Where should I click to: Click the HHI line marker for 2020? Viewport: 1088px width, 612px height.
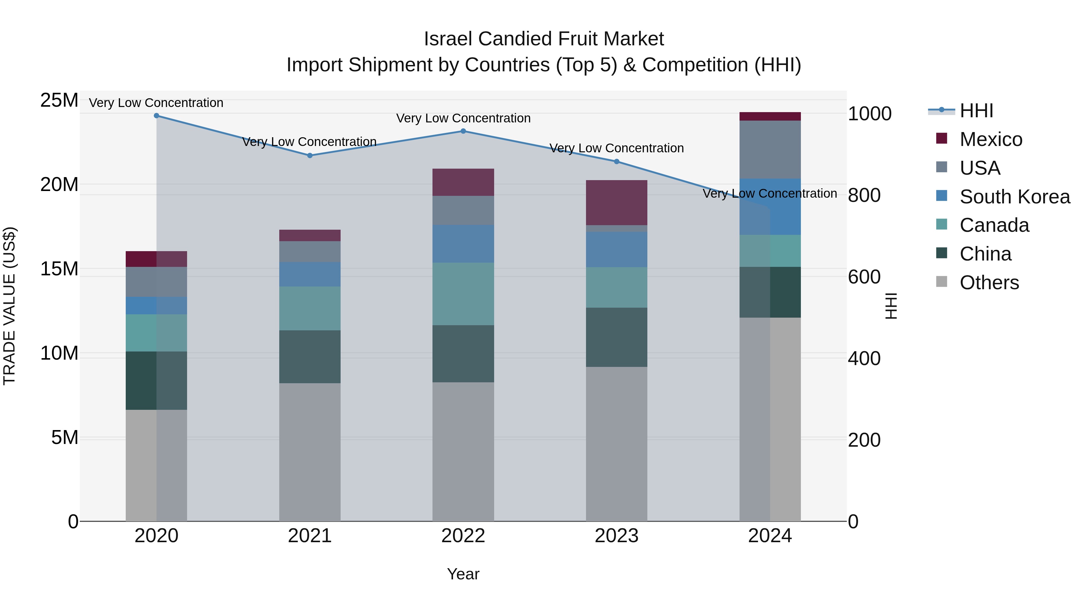point(156,115)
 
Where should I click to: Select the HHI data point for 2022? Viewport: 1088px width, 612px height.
point(463,131)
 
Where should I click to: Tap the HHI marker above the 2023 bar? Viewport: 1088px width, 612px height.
point(616,161)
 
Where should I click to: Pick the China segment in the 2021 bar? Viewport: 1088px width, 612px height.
point(309,357)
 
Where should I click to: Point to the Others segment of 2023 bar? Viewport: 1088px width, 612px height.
point(616,443)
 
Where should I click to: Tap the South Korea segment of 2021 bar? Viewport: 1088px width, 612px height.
point(309,274)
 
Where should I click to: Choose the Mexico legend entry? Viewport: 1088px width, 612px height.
point(990,139)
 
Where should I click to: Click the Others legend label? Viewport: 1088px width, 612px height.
point(989,282)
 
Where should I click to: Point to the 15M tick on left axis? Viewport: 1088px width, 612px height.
point(59,269)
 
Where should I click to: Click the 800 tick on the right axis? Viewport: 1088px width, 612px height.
point(864,195)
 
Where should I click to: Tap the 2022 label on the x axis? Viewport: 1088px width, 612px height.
point(463,536)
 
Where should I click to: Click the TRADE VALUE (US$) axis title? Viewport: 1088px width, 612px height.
point(9,306)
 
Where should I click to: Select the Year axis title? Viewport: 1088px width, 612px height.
point(463,574)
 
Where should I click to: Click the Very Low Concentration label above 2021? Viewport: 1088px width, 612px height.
point(309,141)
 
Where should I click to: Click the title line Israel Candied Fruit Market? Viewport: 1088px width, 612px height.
point(544,39)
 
